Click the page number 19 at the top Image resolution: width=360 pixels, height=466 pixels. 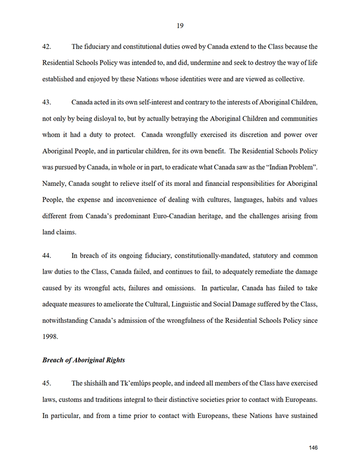point(180,25)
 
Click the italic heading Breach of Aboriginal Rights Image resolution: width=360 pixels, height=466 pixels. point(84,360)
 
